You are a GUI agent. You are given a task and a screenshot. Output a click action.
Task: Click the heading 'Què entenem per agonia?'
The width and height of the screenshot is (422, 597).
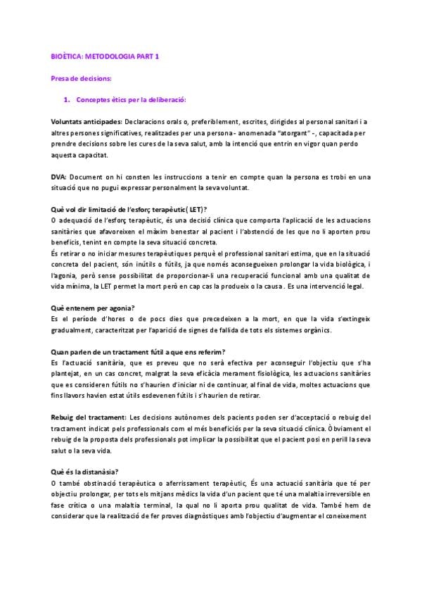click(x=94, y=308)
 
